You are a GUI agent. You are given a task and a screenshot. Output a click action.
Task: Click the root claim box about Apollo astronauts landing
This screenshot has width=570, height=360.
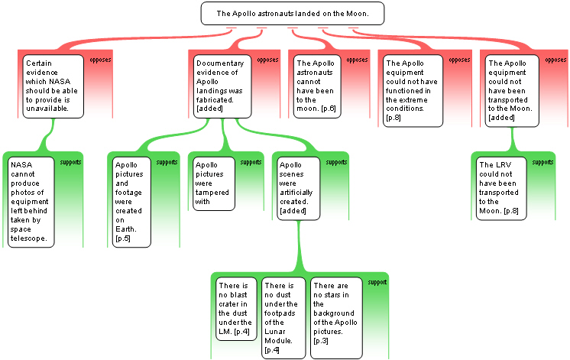coord(293,14)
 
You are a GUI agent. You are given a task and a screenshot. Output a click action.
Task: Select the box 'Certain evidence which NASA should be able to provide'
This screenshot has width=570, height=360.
coord(53,86)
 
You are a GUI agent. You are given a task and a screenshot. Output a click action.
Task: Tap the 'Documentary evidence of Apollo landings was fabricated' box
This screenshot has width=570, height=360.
coord(222,86)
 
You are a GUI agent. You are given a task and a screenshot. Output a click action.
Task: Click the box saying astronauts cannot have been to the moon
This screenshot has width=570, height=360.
coord(317,86)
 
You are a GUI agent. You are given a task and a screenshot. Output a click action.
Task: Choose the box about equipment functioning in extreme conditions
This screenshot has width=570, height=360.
coord(413,90)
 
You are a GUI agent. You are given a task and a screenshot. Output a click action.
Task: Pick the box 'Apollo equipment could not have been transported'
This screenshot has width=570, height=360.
coord(512,90)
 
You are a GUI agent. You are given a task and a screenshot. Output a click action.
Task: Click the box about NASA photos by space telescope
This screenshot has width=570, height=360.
coord(31,202)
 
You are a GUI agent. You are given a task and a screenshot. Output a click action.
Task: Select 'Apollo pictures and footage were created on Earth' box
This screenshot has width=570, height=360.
coord(131,202)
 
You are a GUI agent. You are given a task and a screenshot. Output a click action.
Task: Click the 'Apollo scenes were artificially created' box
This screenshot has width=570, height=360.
coord(299,188)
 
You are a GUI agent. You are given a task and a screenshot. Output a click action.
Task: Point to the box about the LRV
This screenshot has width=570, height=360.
coord(501,188)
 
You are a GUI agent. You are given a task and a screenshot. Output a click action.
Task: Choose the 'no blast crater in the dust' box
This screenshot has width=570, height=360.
coord(236,309)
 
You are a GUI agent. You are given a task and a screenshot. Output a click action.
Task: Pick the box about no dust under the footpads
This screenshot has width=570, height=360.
coord(283,318)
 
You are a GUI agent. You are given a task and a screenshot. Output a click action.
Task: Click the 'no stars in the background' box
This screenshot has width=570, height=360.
coord(336,318)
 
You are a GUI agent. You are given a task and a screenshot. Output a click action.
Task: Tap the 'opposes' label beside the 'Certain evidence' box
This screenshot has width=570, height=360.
coord(100,60)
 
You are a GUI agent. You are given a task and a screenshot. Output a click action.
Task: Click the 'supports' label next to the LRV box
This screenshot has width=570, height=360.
coord(542,162)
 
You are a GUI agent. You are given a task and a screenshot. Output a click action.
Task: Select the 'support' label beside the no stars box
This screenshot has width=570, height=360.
coord(377,282)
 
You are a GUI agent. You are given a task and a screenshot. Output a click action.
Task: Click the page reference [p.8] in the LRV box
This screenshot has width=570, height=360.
coord(511,211)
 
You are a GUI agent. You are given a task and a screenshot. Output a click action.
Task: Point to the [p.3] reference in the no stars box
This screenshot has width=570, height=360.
coord(321,341)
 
